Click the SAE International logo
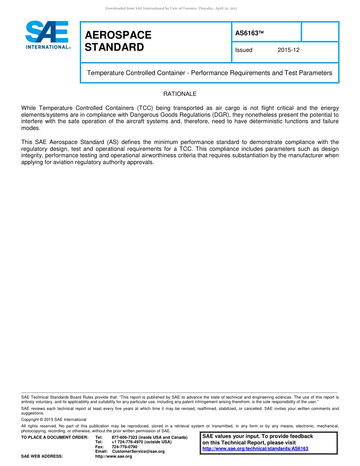pos(47,35)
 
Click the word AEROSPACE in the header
pos(118,35)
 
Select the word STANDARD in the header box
pos(114,47)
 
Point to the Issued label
pos(244,50)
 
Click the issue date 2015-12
pos(288,50)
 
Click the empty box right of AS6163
pos(319,32)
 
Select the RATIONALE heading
pos(180,94)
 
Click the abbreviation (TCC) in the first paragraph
pos(140,108)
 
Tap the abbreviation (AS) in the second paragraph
pos(113,142)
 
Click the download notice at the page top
pos(171,8)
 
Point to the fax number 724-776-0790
pos(124,447)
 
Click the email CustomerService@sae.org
pos(138,451)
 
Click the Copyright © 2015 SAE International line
pos(54,419)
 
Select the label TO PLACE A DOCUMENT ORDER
pos(55,438)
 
